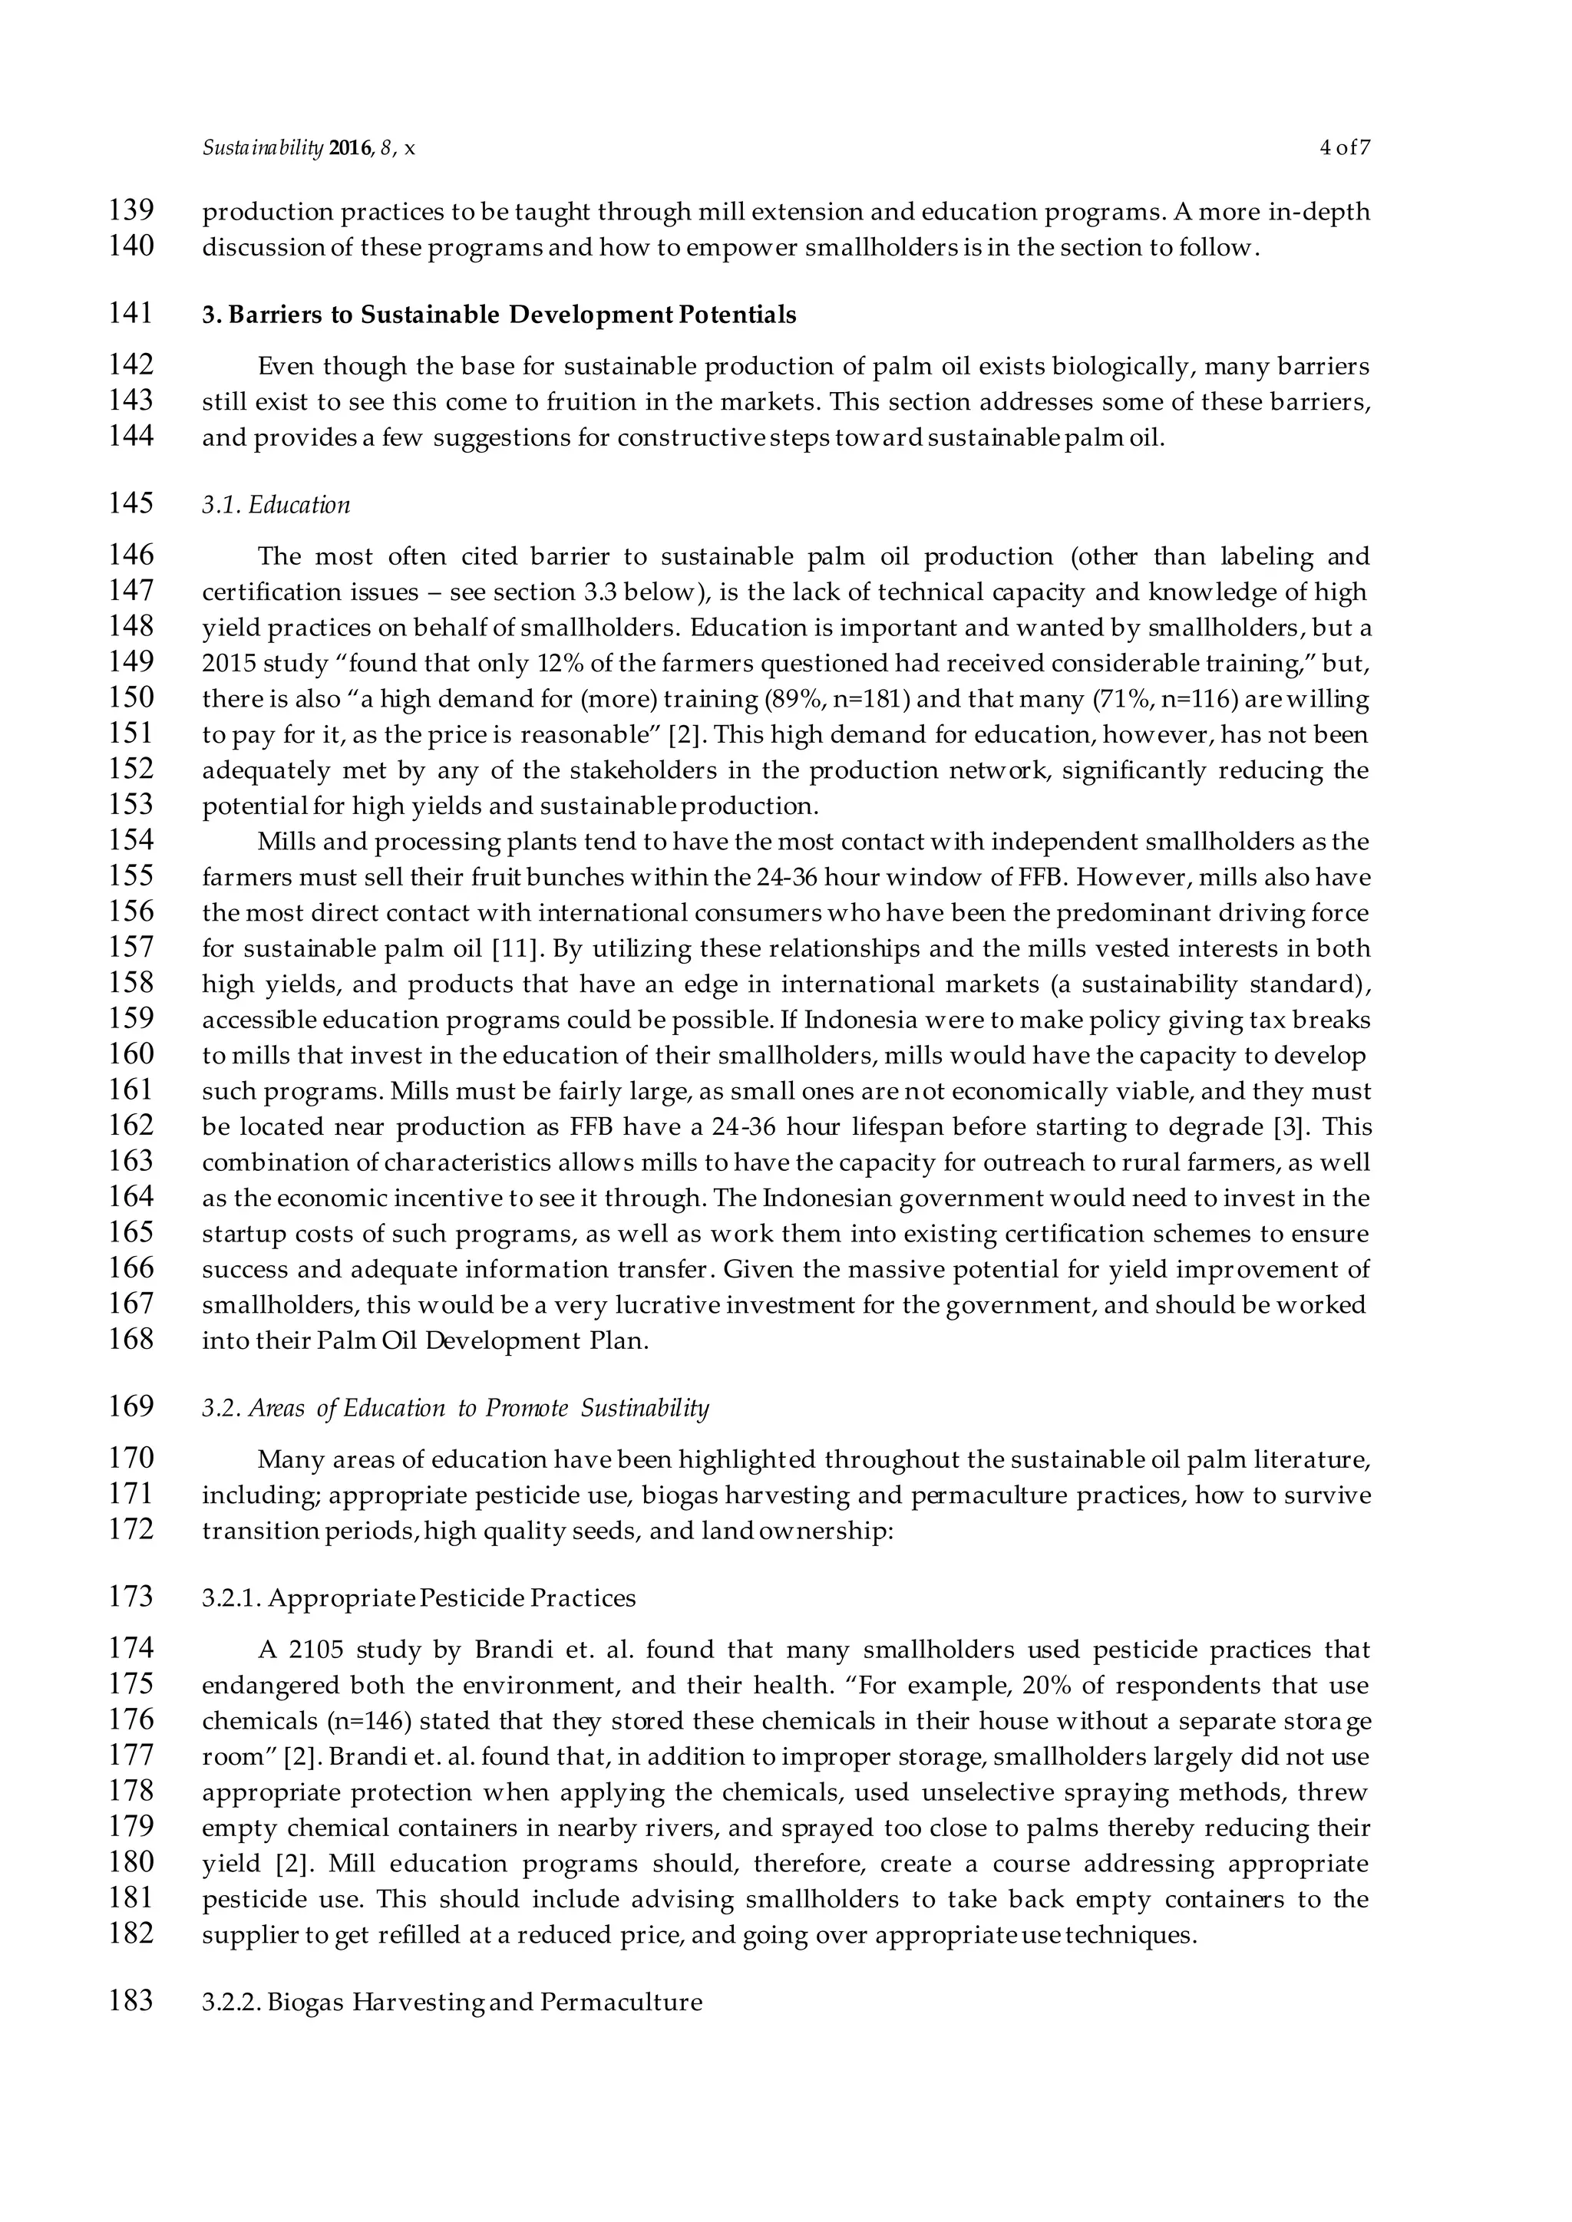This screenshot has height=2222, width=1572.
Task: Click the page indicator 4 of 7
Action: [1345, 148]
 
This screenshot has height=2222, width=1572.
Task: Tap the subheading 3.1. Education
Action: [276, 505]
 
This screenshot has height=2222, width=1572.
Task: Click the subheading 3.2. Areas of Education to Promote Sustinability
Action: [455, 1408]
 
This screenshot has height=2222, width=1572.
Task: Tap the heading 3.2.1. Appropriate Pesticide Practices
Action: [418, 1597]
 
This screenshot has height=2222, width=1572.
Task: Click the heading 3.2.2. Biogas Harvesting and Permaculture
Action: [451, 2003]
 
